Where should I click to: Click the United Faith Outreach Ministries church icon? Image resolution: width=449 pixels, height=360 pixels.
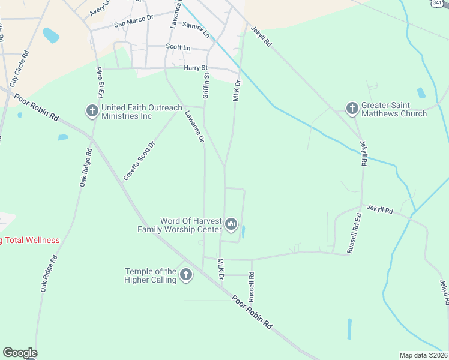pos(92,111)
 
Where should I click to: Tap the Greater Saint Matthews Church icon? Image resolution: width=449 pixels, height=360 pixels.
pos(352,108)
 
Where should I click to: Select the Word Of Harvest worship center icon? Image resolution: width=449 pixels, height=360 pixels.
pos(231,224)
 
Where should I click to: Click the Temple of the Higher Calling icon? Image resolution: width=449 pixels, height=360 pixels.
pos(186,275)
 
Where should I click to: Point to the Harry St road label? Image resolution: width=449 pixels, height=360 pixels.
pos(196,68)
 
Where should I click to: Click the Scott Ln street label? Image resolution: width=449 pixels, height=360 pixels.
pos(178,47)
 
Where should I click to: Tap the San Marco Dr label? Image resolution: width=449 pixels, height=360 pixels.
pos(134,25)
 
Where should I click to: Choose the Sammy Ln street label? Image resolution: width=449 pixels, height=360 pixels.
pos(196,28)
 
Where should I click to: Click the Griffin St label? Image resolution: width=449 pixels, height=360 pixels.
pos(206,85)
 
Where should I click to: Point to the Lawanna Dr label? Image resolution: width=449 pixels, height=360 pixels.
pos(195,125)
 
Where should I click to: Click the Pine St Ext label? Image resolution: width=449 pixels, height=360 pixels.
pos(100,82)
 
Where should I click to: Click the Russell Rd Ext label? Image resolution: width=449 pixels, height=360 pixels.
pos(354,232)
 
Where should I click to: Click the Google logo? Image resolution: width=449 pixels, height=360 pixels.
pos(20,353)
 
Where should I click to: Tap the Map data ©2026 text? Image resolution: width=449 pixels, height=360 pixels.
pos(424,355)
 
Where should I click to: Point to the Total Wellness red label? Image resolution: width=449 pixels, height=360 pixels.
pos(30,241)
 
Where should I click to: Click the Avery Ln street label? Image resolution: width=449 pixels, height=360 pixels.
pos(100,8)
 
